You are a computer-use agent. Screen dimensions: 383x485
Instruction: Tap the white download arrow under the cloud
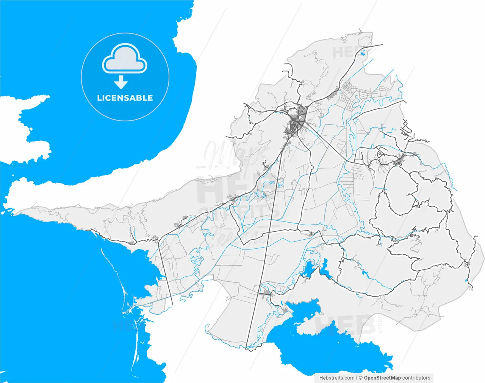click(121, 82)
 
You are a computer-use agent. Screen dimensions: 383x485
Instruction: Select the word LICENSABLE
click(125, 98)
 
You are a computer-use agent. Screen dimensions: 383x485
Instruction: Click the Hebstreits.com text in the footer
click(337, 378)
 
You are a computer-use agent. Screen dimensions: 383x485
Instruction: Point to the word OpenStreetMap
click(382, 378)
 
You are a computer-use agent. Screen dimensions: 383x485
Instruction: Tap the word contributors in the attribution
click(416, 378)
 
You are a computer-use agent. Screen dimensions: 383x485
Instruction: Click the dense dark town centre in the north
click(297, 122)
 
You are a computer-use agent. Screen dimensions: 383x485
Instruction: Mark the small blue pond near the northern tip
click(363, 53)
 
